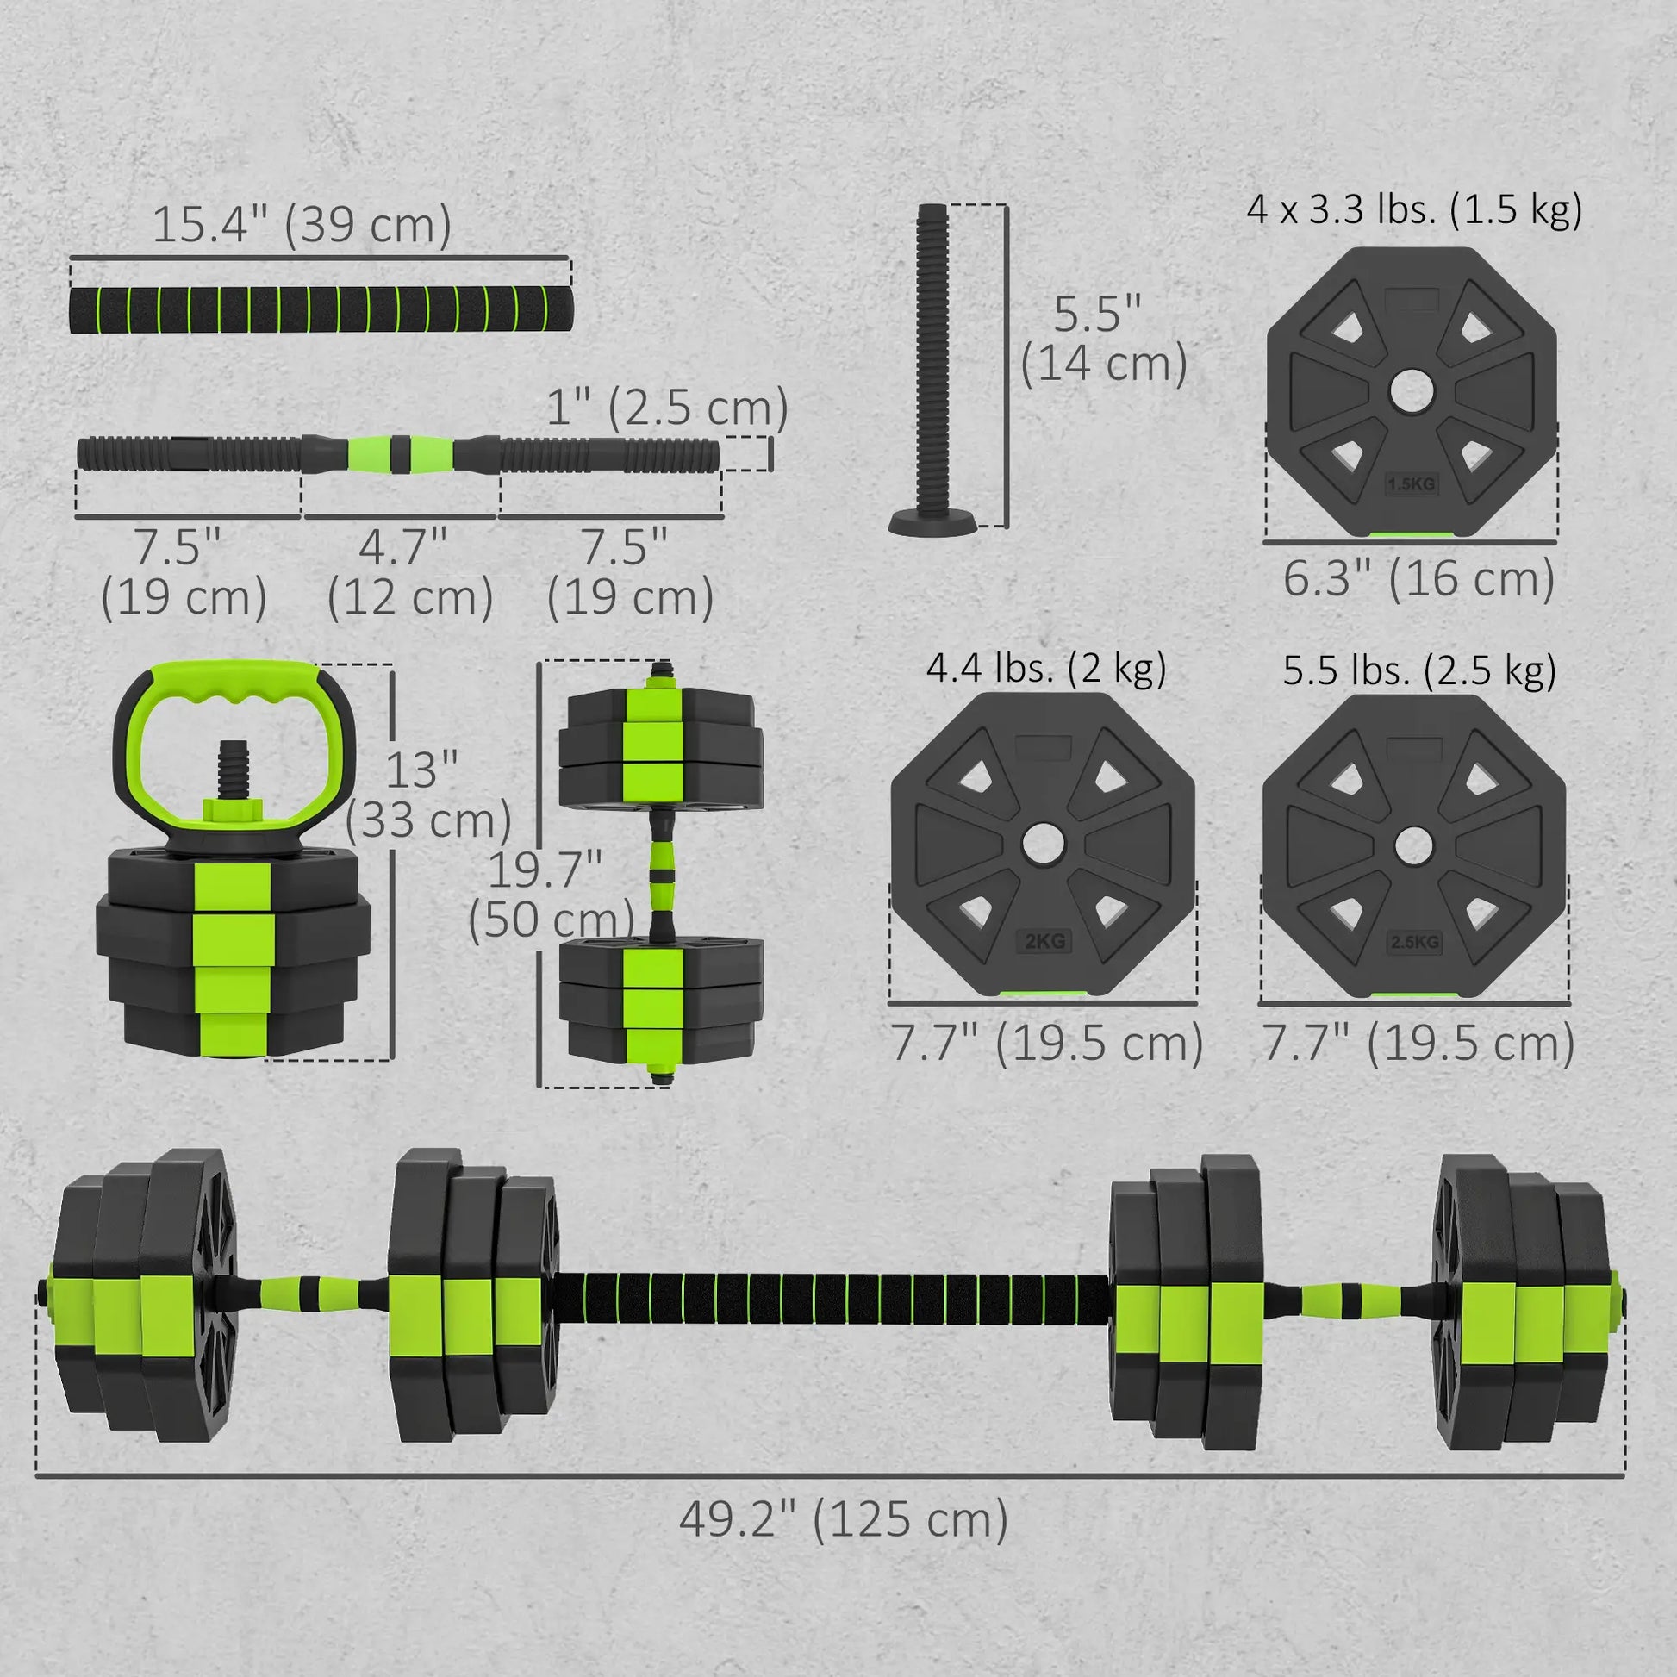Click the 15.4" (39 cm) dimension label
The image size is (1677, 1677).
[302, 225]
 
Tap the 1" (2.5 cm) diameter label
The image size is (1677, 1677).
[667, 407]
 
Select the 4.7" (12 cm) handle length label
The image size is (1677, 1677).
[408, 572]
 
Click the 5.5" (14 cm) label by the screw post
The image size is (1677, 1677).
[1102, 339]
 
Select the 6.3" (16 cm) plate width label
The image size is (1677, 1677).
[1418, 579]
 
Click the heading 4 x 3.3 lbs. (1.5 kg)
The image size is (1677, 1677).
[1414, 210]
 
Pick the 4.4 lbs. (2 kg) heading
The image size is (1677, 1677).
[1046, 669]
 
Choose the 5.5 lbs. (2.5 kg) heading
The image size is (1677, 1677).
[1419, 670]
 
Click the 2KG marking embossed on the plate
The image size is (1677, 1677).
[1044, 941]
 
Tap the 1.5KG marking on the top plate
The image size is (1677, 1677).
[1412, 483]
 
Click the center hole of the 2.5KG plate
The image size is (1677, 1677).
[1413, 845]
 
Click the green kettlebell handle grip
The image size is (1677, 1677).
[234, 684]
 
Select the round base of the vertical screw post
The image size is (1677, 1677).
[932, 522]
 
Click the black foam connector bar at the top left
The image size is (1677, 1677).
[321, 309]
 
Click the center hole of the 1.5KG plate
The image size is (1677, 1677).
[1412, 390]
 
